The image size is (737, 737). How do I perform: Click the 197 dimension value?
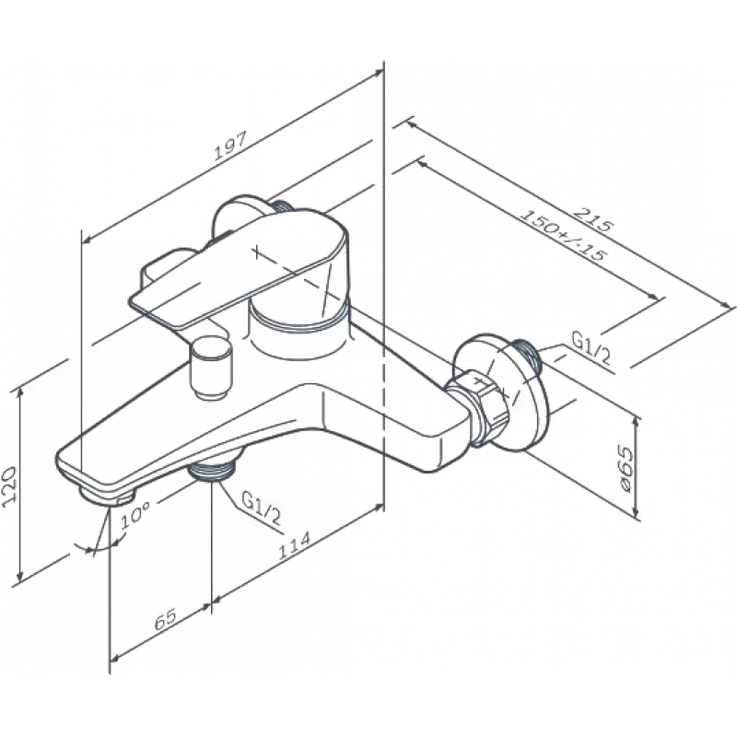230,146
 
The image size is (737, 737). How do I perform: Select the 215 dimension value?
594,219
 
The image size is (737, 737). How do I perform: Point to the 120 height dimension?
10,485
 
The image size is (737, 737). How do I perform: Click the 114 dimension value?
295,545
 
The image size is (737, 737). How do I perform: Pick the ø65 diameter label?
626,469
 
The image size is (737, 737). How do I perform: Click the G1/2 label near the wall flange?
591,347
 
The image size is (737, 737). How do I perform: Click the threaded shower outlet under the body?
213,470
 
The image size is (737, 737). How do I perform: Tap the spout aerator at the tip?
107,497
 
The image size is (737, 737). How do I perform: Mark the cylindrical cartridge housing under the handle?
299,334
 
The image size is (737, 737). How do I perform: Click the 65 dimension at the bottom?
166,619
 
